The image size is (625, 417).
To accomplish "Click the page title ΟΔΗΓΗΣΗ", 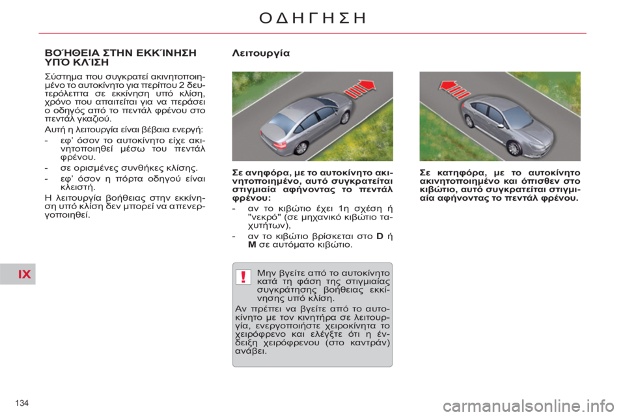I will pyautogui.click(x=312, y=17).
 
